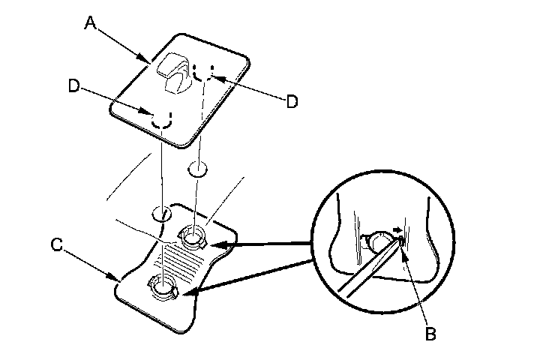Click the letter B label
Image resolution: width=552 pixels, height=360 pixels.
point(430,334)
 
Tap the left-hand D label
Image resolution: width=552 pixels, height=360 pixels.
point(73,88)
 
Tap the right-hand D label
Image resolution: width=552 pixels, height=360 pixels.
point(291,100)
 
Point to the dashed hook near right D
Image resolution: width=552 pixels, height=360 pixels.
point(204,73)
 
